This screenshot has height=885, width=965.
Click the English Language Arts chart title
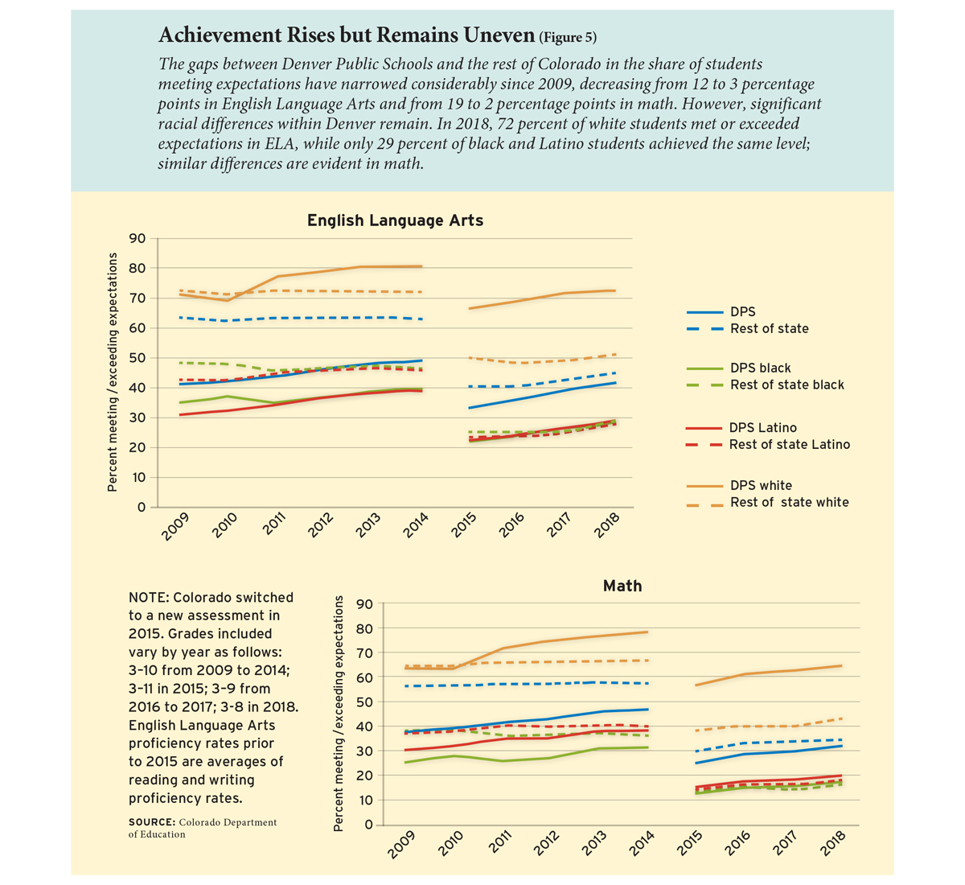(395, 220)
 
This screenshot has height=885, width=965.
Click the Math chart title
(622, 586)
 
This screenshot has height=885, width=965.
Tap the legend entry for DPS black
(760, 368)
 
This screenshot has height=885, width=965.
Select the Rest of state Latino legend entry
(790, 444)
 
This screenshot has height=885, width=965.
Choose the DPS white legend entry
(761, 485)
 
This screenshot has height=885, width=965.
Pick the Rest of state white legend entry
(790, 502)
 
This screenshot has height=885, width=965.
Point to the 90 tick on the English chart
(137, 238)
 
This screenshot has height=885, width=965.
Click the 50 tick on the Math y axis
(364, 702)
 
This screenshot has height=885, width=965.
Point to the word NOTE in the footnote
(148, 597)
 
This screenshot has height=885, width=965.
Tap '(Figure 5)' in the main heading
(568, 37)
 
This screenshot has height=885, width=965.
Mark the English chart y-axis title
(112, 372)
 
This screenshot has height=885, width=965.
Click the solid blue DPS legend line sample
(704, 312)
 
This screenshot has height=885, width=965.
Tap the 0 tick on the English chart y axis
(142, 507)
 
